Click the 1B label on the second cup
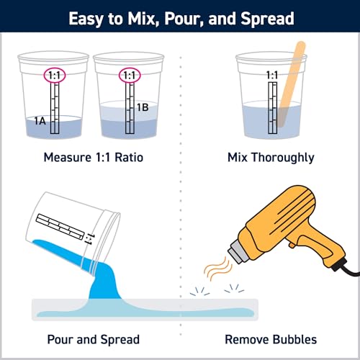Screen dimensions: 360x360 [143, 108]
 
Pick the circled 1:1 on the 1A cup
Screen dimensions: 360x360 [54, 74]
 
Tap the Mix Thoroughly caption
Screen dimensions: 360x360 [271, 157]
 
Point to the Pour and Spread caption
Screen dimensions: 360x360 [91, 339]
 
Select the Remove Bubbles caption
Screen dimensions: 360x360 [271, 339]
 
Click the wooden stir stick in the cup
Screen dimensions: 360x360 [296, 79]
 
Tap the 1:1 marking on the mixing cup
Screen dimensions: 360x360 [272, 74]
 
